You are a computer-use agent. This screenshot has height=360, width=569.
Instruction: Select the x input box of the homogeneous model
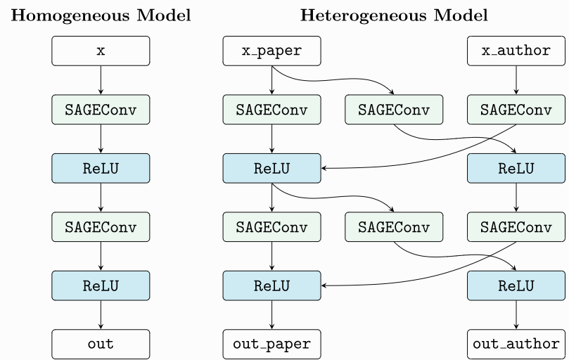101,51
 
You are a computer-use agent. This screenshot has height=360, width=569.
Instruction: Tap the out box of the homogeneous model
101,345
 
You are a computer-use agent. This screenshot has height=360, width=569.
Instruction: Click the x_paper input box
271,51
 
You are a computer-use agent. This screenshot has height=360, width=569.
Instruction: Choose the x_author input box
517,51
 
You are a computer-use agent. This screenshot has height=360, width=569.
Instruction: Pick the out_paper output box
271,345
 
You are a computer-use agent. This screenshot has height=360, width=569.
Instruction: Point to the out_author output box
517,345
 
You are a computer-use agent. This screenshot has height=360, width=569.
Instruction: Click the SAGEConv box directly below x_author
517,110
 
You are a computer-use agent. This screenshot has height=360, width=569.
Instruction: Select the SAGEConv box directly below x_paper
271,110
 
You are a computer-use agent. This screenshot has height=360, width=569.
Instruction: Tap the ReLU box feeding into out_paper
271,285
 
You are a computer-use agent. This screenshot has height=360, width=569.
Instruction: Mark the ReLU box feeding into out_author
517,285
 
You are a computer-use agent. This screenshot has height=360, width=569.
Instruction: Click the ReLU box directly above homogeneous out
101,285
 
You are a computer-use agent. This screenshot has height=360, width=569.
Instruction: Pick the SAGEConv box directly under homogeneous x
101,110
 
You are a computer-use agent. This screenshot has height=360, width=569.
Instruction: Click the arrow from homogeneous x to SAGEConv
101,80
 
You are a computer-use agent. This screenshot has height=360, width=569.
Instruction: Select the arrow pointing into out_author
517,315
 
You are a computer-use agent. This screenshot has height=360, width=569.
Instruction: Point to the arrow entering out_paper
271,315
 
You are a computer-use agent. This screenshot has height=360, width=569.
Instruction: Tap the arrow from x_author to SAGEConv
517,80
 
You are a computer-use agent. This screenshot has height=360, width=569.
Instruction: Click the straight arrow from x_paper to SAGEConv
271,80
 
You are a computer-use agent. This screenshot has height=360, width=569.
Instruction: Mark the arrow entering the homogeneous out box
101,315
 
